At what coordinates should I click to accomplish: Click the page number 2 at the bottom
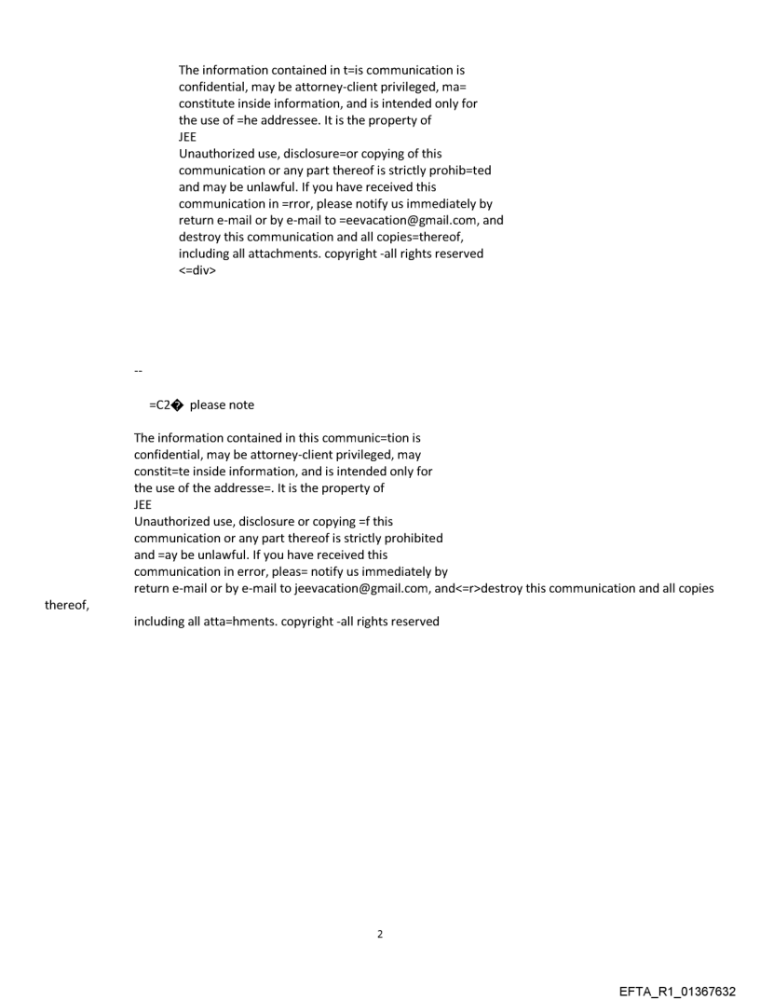click(x=379, y=934)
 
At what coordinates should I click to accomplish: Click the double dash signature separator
click(x=138, y=371)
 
